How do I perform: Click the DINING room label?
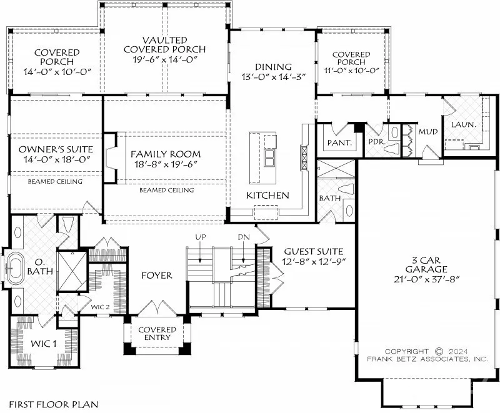[273, 67]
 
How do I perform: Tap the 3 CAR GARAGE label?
[426, 264]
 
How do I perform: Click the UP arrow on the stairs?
[200, 252]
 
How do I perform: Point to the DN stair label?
[244, 237]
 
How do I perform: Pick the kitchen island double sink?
[271, 158]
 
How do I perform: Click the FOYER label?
[157, 276]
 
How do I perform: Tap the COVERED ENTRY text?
[157, 333]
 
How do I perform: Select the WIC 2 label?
[100, 307]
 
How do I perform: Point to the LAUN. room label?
[463, 124]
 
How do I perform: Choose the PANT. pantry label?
[339, 142]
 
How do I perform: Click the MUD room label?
[428, 132]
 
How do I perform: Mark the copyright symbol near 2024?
[439, 352]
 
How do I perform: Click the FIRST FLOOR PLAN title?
[54, 404]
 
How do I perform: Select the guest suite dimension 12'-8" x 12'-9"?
[314, 261]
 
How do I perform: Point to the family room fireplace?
[110, 157]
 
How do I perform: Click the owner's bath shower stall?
[72, 271]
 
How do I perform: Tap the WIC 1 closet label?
[44, 344]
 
